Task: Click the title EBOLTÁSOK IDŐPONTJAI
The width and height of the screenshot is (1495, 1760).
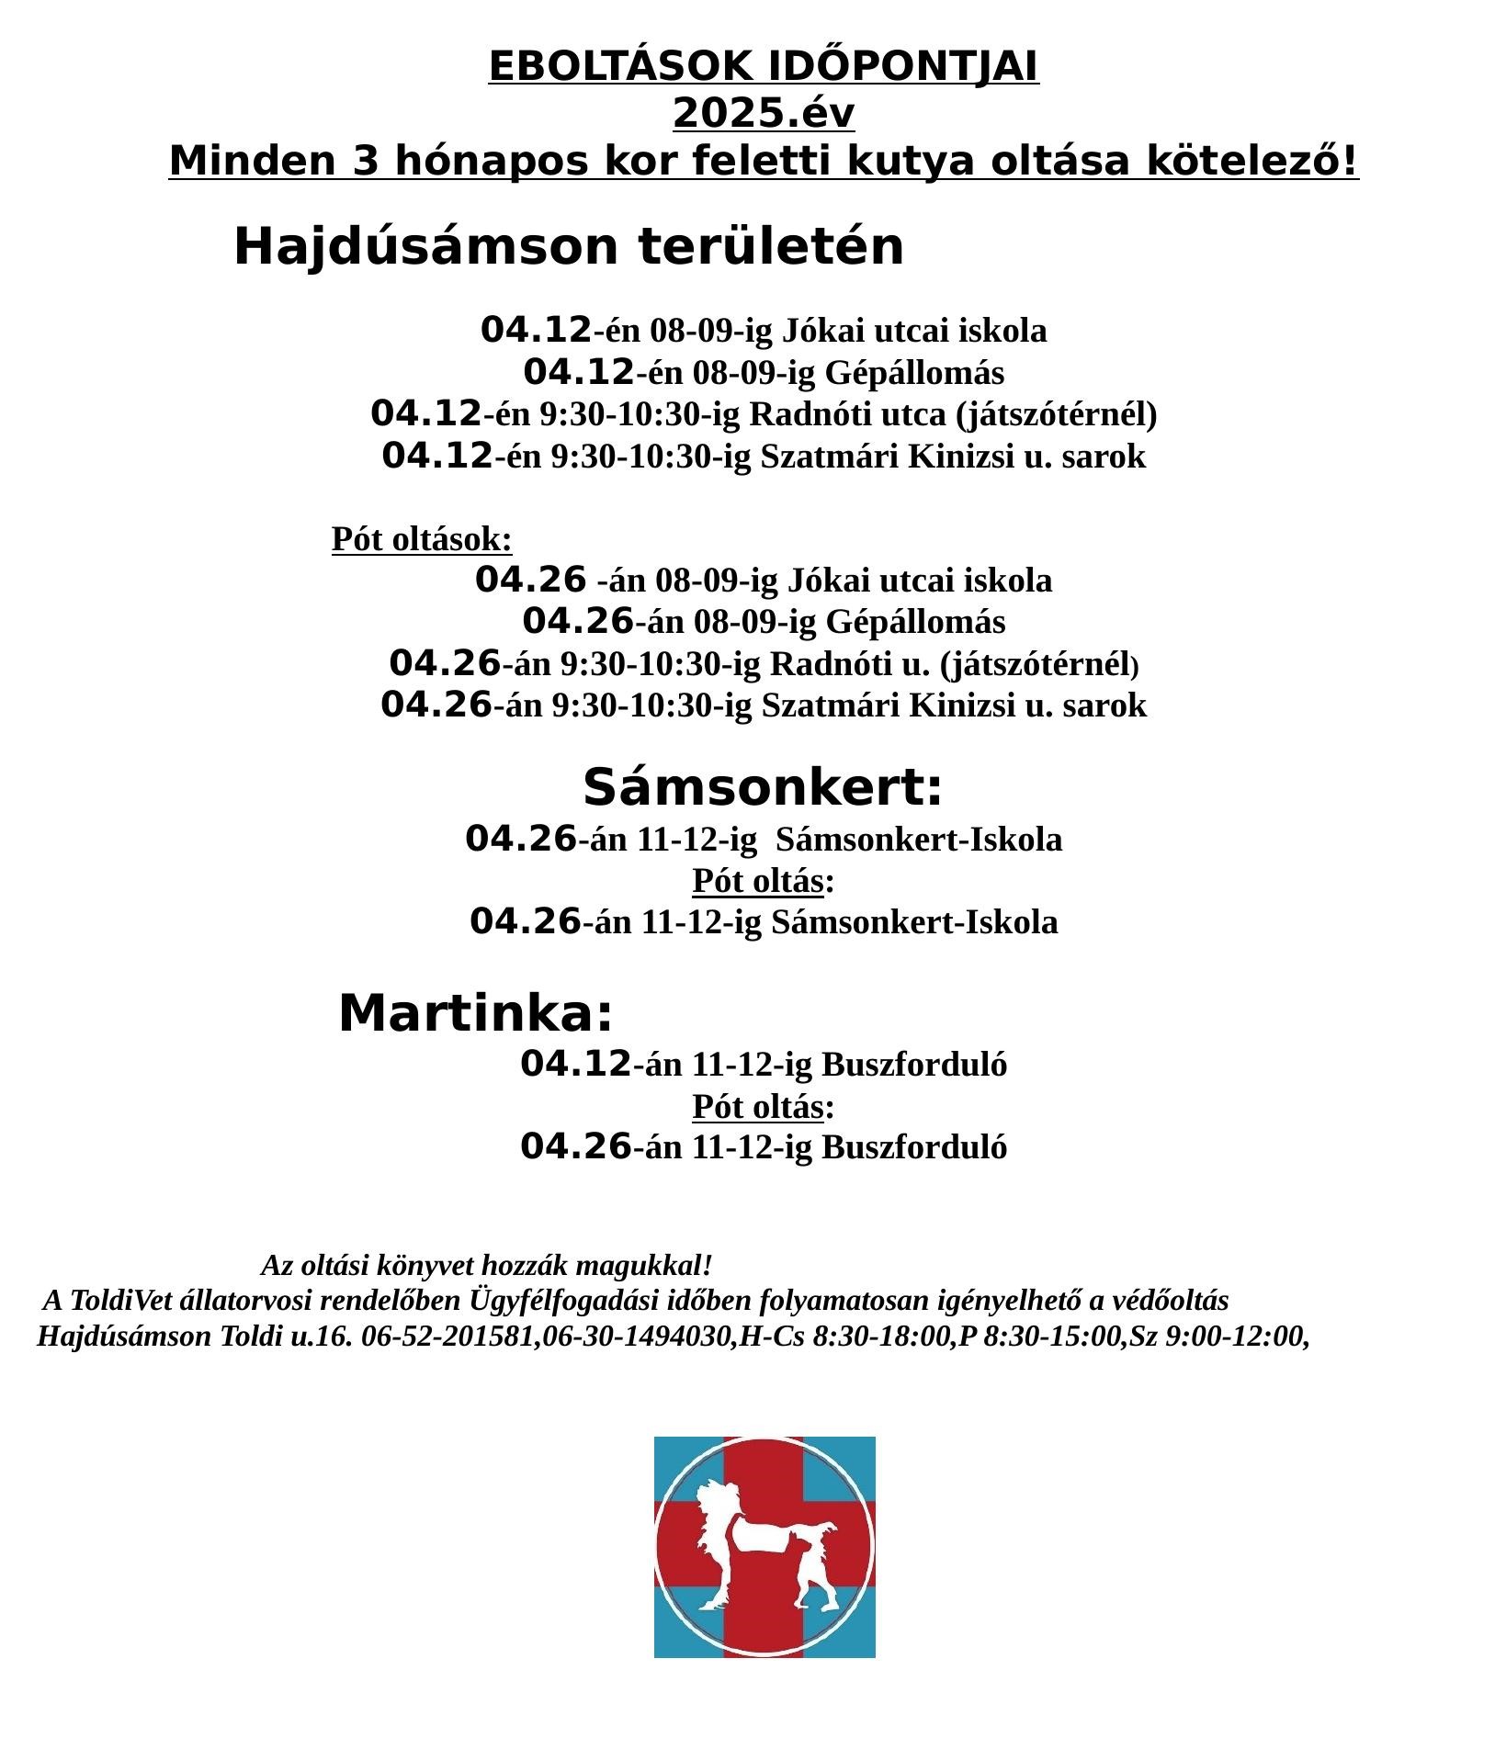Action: pos(763,67)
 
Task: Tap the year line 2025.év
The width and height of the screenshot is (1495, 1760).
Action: pos(763,115)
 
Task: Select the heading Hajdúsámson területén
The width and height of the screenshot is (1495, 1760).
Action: pos(569,247)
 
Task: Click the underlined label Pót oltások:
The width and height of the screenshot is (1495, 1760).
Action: pos(422,539)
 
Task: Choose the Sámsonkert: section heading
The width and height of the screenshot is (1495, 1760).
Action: pos(763,788)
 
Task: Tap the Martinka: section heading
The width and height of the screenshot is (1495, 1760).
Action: pos(476,1014)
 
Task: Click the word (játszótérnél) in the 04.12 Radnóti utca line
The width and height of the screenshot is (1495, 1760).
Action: pos(1056,415)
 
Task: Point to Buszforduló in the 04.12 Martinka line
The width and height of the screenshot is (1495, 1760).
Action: pos(913,1066)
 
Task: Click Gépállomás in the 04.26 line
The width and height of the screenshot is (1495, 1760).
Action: pos(915,623)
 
